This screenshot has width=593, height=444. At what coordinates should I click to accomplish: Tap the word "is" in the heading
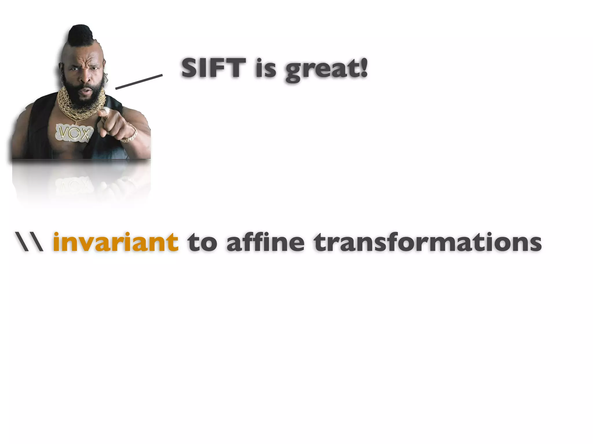[266, 69]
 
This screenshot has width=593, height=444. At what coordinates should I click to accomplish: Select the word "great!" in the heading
[327, 69]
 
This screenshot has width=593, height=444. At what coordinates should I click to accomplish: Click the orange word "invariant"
[116, 242]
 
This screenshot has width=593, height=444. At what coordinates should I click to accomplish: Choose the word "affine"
[265, 242]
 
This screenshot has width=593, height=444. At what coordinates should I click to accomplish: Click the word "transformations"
[427, 242]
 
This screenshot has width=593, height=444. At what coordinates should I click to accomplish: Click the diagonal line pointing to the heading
[139, 82]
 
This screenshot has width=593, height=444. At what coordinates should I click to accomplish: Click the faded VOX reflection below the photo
[74, 185]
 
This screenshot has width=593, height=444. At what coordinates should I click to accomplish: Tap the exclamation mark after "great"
[364, 67]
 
